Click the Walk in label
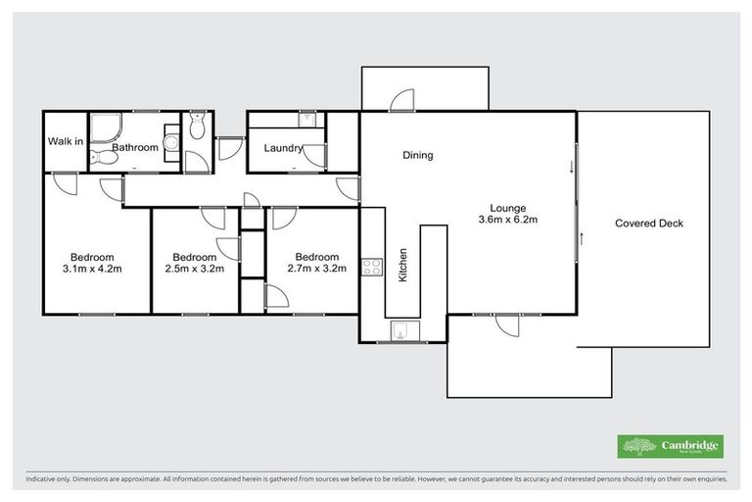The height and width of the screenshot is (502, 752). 64,141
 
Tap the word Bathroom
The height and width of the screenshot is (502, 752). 134,148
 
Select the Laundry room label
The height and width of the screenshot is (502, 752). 282,149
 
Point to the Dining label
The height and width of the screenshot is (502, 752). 417,155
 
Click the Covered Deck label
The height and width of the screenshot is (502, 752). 648,224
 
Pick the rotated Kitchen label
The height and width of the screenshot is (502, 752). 402,266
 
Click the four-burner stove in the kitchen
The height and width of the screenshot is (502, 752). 371,268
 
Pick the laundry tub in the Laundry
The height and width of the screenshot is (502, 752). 309,120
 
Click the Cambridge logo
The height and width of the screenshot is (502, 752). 672,446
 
